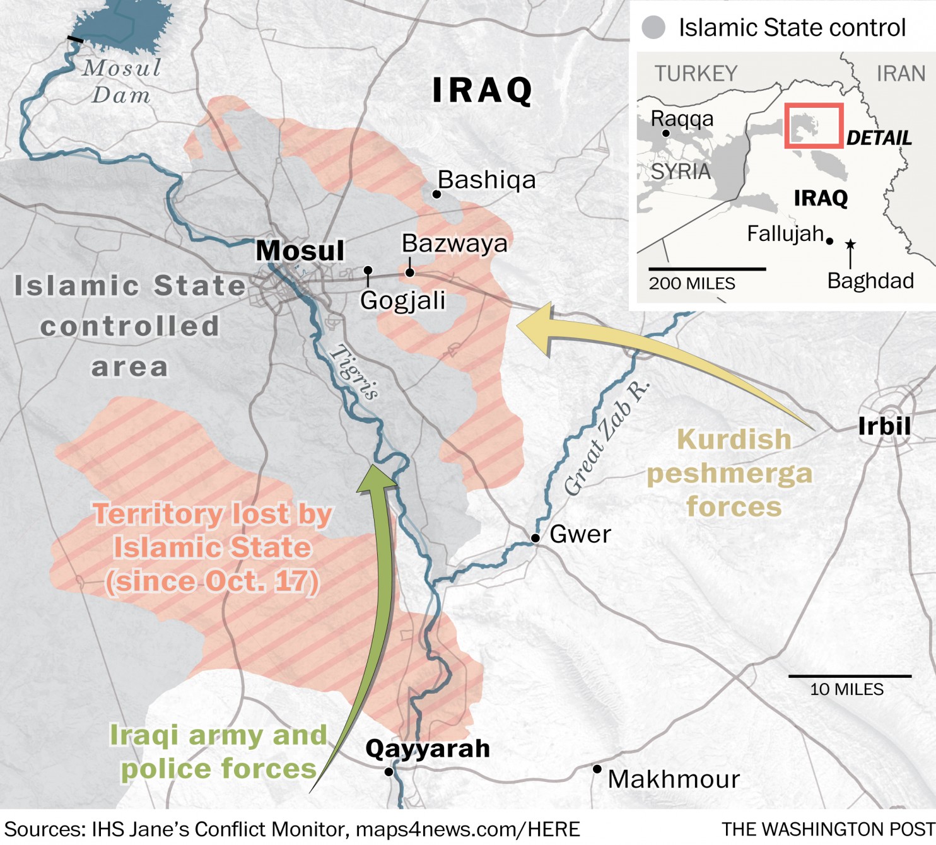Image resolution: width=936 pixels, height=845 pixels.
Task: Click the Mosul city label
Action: (x=300, y=250)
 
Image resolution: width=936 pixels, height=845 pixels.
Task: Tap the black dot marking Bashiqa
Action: (x=436, y=194)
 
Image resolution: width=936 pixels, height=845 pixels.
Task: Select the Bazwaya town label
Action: (x=454, y=243)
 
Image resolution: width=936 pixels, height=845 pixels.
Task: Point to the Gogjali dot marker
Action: (x=368, y=271)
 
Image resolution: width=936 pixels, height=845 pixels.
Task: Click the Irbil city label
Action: (x=884, y=426)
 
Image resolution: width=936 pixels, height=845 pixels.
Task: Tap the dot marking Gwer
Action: (x=535, y=538)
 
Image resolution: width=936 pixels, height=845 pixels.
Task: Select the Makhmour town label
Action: (x=673, y=779)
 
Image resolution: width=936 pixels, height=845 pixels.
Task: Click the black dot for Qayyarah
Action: (x=389, y=772)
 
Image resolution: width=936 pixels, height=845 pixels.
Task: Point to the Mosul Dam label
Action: (x=121, y=81)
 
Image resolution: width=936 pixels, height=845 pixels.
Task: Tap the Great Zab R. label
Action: (x=605, y=439)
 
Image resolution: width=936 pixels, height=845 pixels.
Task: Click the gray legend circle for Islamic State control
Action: (x=653, y=28)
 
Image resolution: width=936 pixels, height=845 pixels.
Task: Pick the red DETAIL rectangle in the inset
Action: (x=814, y=125)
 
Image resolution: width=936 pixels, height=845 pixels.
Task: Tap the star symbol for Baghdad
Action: (x=850, y=243)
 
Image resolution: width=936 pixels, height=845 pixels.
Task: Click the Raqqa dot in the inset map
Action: (x=665, y=133)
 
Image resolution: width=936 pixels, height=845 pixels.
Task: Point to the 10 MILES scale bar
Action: (x=849, y=677)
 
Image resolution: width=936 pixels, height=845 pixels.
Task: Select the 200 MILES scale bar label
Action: (x=692, y=284)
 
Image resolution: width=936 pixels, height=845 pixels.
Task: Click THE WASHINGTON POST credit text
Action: (x=828, y=829)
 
